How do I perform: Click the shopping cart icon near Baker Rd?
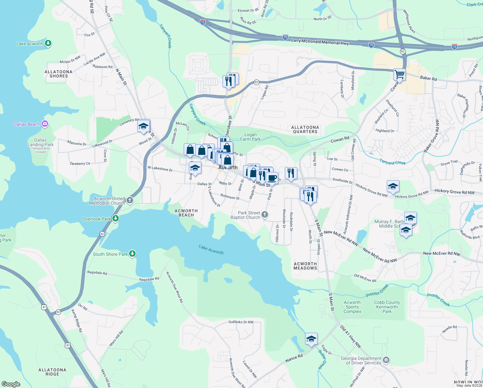tap(399, 75)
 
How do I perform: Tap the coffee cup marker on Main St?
tap(272, 178)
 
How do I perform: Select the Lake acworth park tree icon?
tap(48, 43)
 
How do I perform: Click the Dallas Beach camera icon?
tap(45, 124)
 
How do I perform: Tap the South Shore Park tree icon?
tap(132, 253)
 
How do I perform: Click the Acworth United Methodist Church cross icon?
tap(130, 200)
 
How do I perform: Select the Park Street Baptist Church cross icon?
tap(265, 214)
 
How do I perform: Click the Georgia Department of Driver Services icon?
tap(386, 360)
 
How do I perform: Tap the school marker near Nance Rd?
tap(311, 339)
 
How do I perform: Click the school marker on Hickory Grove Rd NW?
tap(393, 186)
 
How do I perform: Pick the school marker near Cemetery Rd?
tap(143, 126)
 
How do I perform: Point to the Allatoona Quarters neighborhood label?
tap(305, 129)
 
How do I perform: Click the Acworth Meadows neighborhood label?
tap(305, 266)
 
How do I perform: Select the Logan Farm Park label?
tap(251, 137)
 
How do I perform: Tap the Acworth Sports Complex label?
tap(352, 307)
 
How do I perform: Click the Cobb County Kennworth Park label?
tap(387, 307)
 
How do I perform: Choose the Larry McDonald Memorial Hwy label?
tap(320, 42)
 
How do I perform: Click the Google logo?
tap(11, 384)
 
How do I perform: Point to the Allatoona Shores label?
tap(58, 74)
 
